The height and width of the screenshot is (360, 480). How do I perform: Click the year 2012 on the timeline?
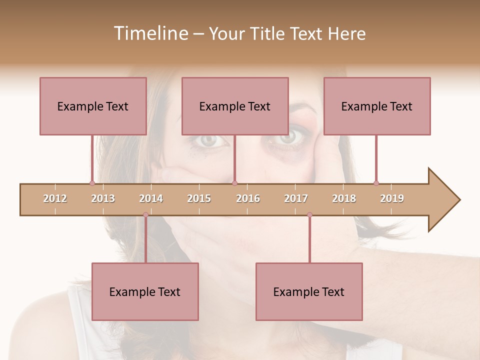click(x=55, y=198)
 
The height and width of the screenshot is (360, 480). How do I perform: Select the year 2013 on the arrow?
click(x=103, y=198)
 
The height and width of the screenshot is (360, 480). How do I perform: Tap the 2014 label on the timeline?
click(x=151, y=198)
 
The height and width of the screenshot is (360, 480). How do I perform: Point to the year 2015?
click(x=199, y=198)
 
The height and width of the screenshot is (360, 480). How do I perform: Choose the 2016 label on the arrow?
click(x=248, y=198)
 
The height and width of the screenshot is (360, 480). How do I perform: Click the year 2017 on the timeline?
click(x=296, y=198)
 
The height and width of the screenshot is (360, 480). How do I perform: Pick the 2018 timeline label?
click(x=344, y=198)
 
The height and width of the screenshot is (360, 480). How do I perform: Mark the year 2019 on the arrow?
click(x=392, y=198)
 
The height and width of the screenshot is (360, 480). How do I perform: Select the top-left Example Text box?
click(x=93, y=106)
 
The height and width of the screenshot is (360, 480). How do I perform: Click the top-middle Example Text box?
click(x=235, y=106)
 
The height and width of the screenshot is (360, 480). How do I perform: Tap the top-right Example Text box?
click(x=377, y=106)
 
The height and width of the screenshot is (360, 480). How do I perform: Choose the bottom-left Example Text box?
click(x=145, y=291)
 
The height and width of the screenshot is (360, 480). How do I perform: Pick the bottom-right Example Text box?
click(x=309, y=291)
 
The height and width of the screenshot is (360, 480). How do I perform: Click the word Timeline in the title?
click(x=150, y=33)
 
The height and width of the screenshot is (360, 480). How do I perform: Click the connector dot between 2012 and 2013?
click(x=92, y=183)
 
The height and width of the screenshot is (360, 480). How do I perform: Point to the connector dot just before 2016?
click(x=234, y=183)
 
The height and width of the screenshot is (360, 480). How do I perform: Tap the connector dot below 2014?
click(x=145, y=215)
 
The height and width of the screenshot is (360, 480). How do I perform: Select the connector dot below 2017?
click(x=309, y=215)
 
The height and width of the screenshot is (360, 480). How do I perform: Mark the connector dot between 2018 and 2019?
click(x=376, y=183)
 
